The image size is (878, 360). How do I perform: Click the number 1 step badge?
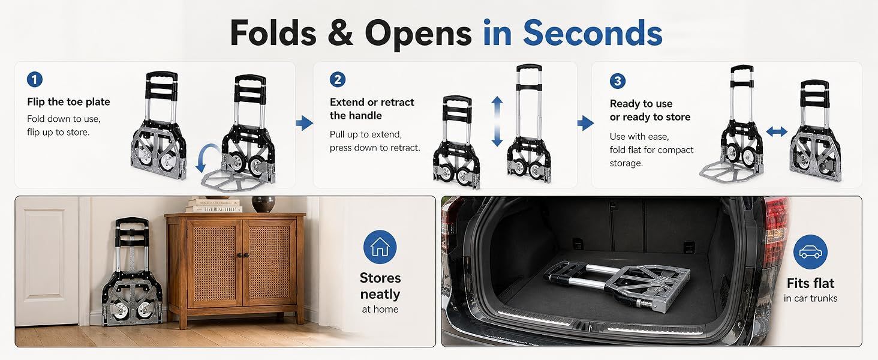click(35, 80)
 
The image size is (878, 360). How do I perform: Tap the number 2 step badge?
click(338, 80)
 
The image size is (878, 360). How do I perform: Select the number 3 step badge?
click(617, 81)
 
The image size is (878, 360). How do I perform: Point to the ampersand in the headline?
click(340, 33)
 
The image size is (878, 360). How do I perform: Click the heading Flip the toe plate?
click(68, 102)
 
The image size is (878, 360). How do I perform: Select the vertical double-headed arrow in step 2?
click(497, 121)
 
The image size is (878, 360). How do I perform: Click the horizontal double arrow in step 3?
click(777, 131)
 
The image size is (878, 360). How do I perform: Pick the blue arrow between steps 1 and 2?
click(305, 123)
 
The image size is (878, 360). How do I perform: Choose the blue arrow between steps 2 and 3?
click(585, 123)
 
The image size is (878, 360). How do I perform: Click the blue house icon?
click(380, 247)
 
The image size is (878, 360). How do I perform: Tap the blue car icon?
click(810, 252)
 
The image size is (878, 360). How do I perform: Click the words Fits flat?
click(810, 283)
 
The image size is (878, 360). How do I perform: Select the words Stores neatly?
click(380, 286)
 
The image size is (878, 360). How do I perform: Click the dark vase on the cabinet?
click(263, 204)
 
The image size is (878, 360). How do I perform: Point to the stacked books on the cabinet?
click(214, 206)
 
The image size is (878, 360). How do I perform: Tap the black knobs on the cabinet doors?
click(243, 255)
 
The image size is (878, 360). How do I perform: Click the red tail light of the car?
click(776, 232)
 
